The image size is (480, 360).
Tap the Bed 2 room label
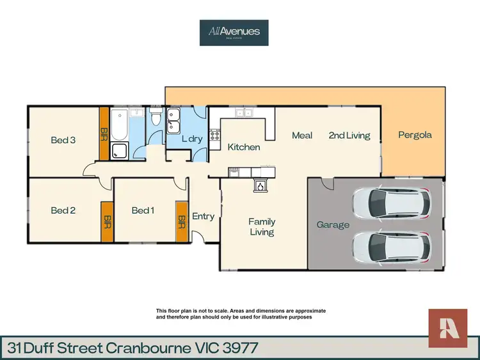click(63, 210)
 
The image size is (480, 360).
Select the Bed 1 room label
click(143, 210)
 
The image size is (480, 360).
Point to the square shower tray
click(120, 151)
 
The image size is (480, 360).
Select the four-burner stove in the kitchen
click(214, 135)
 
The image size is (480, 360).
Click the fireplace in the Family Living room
click(260, 185)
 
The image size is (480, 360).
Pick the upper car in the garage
click(391, 203)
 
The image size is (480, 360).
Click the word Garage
click(333, 225)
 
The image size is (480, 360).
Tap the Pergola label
click(415, 135)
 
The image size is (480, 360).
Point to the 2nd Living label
click(349, 136)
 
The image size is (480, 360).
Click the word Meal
click(302, 136)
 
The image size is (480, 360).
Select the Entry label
click(204, 216)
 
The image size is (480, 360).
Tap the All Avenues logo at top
click(234, 33)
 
